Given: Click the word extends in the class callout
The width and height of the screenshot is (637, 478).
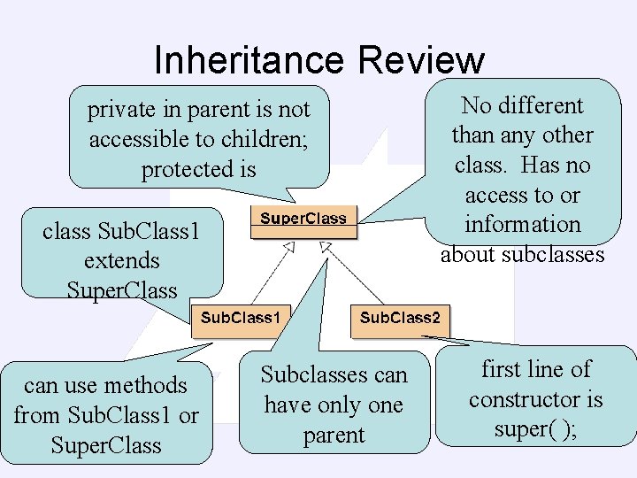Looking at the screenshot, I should (x=122, y=261).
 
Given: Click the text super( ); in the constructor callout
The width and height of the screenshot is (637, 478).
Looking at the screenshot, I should (x=535, y=429).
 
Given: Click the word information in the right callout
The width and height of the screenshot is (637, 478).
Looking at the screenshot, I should (x=522, y=225).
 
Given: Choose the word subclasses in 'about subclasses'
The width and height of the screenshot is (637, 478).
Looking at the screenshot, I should (x=553, y=255).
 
